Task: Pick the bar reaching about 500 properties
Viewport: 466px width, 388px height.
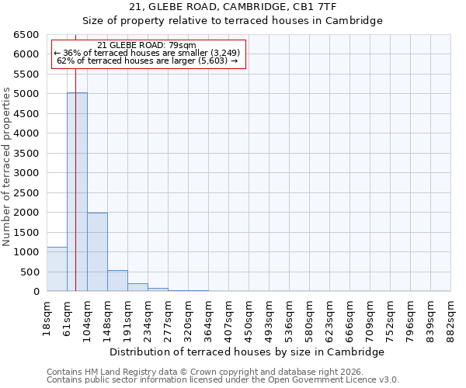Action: click(117, 281)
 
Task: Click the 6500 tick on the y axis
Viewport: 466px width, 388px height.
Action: click(26, 35)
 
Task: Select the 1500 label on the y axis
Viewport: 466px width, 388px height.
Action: click(26, 232)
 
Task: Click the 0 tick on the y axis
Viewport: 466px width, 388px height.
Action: click(36, 292)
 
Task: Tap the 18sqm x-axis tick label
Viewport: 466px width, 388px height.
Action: click(47, 315)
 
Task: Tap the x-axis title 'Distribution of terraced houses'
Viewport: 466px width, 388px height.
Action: click(247, 352)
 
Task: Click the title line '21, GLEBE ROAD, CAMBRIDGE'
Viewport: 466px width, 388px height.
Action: click(232, 7)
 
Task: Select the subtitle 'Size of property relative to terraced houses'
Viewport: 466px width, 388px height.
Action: click(232, 21)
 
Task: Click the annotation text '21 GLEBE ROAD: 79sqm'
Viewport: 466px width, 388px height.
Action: click(147, 46)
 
